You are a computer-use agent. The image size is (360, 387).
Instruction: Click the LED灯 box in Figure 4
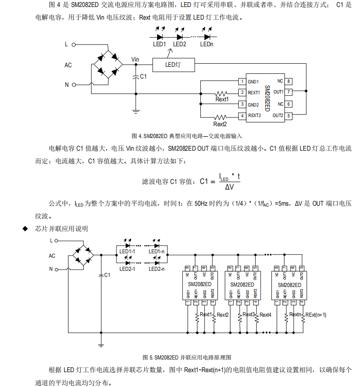tap(174, 65)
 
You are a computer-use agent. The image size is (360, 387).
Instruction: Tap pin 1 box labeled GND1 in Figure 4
tap(241, 82)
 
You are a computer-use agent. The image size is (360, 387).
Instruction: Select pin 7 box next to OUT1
tap(289, 92)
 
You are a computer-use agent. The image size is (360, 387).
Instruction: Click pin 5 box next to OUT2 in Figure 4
tap(289, 115)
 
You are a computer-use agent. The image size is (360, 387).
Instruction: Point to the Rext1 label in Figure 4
tap(222, 100)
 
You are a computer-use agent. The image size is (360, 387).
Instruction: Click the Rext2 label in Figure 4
tap(220, 124)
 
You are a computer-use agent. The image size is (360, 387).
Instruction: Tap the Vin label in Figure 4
tap(135, 59)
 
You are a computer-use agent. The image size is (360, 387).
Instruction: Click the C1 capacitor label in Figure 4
tap(143, 76)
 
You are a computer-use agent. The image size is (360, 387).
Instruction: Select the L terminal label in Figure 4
tap(66, 45)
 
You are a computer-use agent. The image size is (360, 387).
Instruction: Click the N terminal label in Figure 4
tap(67, 85)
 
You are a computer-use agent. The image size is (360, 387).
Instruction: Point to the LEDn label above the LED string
tap(207, 44)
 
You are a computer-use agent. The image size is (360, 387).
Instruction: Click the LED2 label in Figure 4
tap(179, 44)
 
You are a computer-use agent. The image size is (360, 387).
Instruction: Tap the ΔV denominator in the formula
tap(229, 187)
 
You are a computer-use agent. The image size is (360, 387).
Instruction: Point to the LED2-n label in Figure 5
tap(156, 269)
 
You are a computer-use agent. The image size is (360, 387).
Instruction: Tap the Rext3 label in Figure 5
tap(249, 315)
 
